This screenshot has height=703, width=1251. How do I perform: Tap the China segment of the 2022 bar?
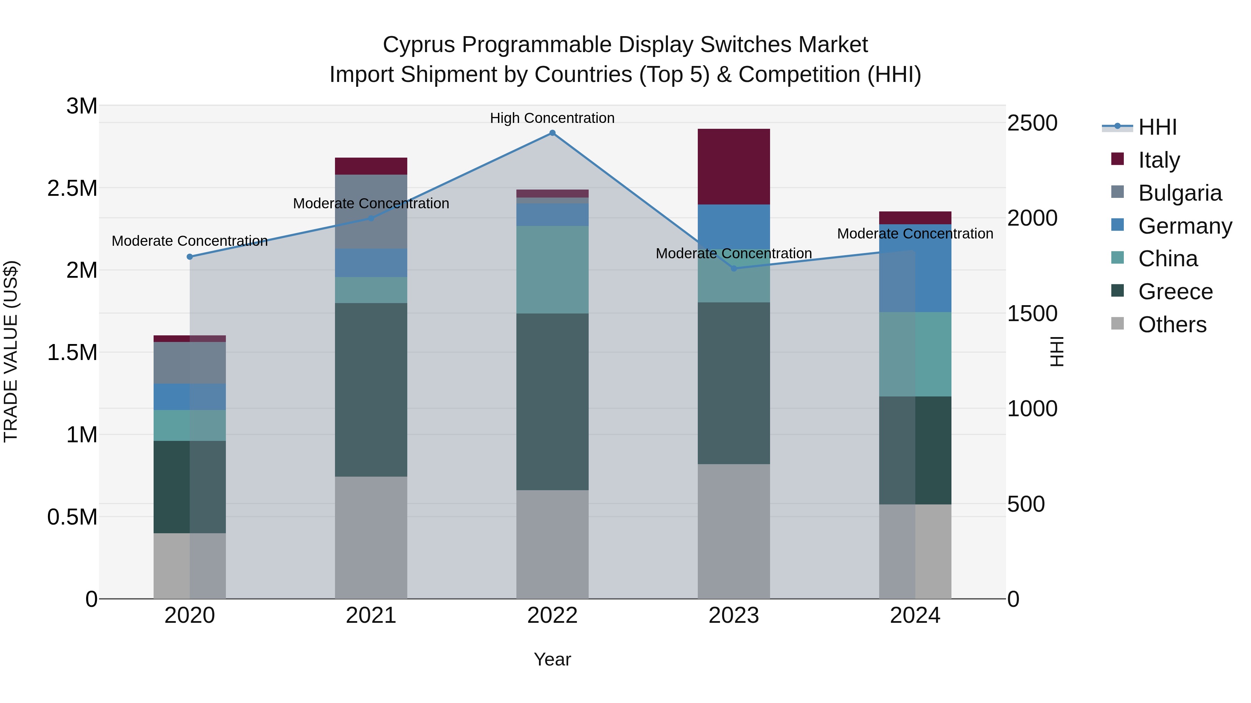(x=552, y=269)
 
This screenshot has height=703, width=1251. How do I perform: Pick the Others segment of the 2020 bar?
(x=189, y=566)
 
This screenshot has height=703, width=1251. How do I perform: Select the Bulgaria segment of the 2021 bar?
(x=371, y=211)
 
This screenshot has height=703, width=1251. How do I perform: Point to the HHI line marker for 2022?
(x=552, y=133)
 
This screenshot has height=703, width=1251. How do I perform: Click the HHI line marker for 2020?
(x=190, y=257)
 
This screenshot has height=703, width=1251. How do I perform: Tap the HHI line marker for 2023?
(x=734, y=268)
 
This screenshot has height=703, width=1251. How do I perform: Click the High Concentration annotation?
(x=552, y=118)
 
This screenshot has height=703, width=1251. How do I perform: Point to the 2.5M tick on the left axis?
(x=72, y=188)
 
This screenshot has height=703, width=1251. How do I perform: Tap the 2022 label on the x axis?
(x=552, y=616)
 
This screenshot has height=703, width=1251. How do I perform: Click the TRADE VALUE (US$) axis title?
(x=11, y=351)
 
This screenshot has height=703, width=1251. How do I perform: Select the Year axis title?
(x=552, y=659)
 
